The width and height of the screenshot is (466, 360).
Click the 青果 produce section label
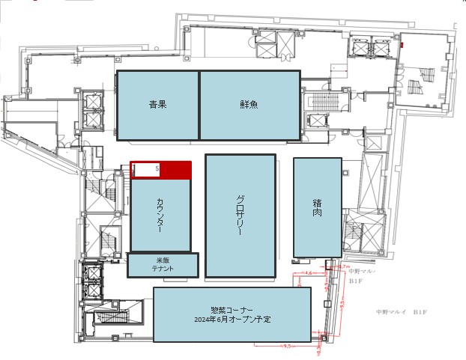click(x=157, y=105)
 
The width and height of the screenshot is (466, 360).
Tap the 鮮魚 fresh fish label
click(x=249, y=105)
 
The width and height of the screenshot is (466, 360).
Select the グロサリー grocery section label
click(x=240, y=216)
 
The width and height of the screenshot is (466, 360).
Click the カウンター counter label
click(x=160, y=216)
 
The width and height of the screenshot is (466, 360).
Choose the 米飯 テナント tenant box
click(x=163, y=265)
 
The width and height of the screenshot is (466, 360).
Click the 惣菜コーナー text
click(x=232, y=310)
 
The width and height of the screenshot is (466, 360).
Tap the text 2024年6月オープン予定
click(x=232, y=320)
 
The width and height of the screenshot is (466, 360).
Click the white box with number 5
click(x=147, y=170)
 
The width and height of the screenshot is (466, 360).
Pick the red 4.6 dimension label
click(x=309, y=274)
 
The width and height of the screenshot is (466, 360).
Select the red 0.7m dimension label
click(x=345, y=266)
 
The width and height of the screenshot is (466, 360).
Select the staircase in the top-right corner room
click(x=428, y=75)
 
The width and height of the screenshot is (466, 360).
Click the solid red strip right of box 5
click(x=177, y=170)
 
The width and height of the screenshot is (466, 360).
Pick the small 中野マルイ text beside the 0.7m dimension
click(x=362, y=272)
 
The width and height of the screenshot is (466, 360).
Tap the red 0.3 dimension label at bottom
click(x=318, y=347)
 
